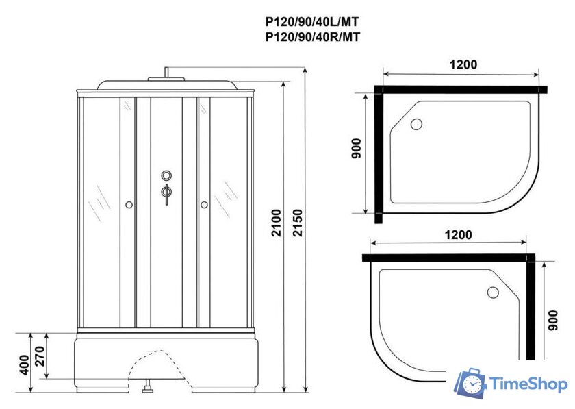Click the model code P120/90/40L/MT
(x=312, y=22)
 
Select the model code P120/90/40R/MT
(x=313, y=37)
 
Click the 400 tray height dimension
(x=24, y=364)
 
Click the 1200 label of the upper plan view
(x=463, y=64)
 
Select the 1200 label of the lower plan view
(x=459, y=234)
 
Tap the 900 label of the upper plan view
(x=356, y=149)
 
